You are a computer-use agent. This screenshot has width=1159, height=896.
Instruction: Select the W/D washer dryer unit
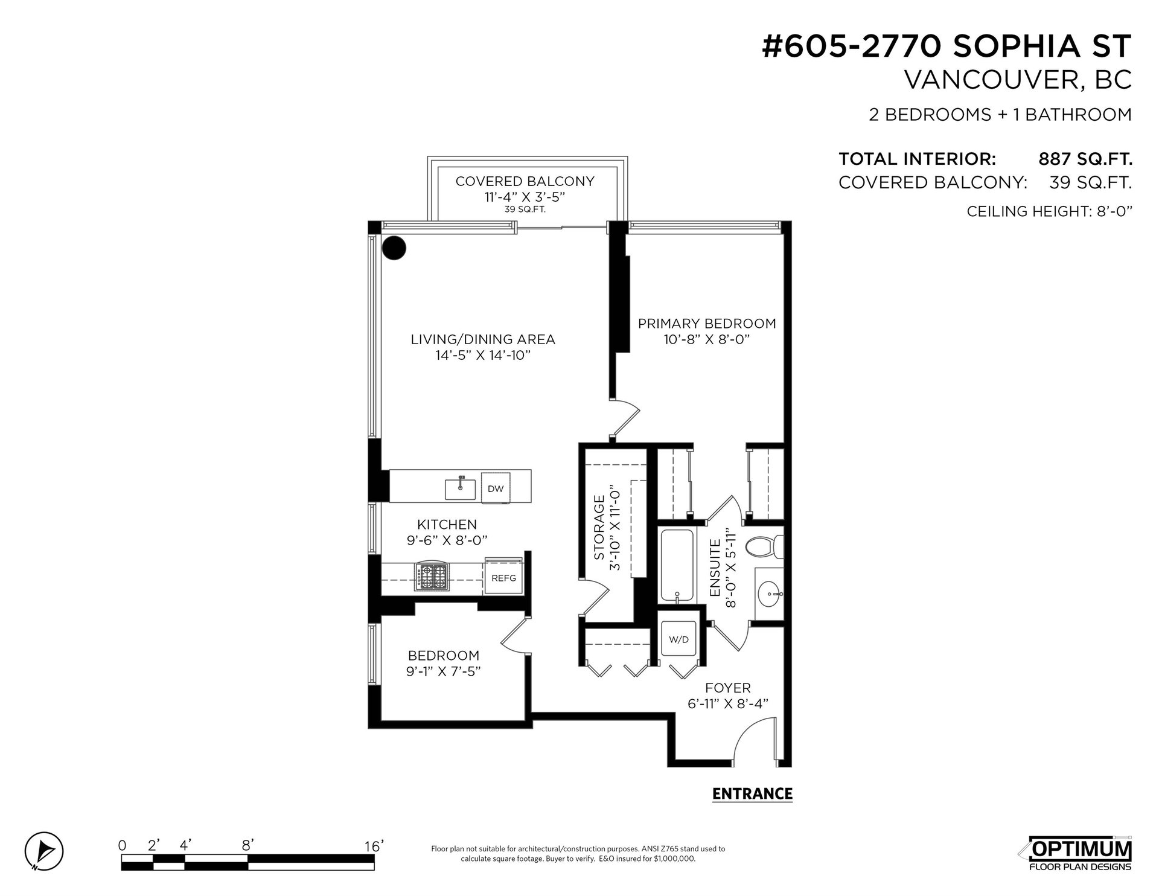pyautogui.click(x=679, y=639)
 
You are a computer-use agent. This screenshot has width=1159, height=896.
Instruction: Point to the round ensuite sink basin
pyautogui.click(x=770, y=594)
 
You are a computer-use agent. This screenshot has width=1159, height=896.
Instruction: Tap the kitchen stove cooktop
pyautogui.click(x=432, y=577)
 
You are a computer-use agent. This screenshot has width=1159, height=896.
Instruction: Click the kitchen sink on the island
pyautogui.click(x=461, y=488)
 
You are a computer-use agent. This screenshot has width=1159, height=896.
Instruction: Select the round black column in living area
pyautogui.click(x=394, y=248)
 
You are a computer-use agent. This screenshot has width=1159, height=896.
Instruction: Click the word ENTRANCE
pyautogui.click(x=752, y=793)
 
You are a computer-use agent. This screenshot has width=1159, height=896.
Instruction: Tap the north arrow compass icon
pyautogui.click(x=44, y=852)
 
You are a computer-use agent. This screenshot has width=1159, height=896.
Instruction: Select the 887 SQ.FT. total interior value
pyautogui.click(x=1085, y=159)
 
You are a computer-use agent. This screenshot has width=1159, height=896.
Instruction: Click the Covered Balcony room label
pyautogui.click(x=525, y=181)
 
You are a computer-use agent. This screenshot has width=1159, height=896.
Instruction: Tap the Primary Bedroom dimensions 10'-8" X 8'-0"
pyautogui.click(x=706, y=339)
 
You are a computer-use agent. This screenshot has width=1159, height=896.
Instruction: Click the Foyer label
pyautogui.click(x=728, y=688)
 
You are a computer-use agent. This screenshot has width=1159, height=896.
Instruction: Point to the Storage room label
pyautogui.click(x=599, y=528)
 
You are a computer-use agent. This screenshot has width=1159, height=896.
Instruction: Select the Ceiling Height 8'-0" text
pyautogui.click(x=1049, y=211)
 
